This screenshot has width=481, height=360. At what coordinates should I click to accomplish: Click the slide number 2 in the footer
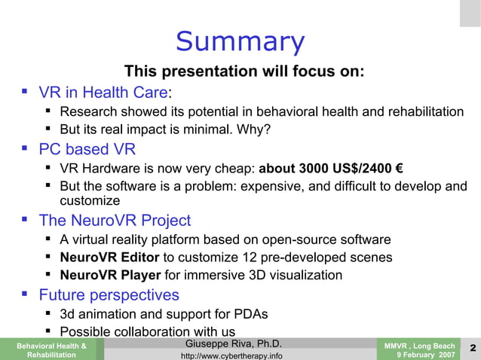pos(471,347)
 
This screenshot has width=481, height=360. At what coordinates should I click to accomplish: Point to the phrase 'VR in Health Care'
pos(103,93)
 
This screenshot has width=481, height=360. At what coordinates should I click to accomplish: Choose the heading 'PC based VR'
pos(87,148)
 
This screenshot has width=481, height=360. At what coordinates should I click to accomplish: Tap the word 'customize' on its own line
pos(90,201)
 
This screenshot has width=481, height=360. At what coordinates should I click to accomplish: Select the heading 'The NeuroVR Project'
pos(115,221)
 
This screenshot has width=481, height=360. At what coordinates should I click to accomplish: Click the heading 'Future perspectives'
pos(109,294)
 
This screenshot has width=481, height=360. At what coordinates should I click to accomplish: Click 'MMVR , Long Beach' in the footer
pos(419,344)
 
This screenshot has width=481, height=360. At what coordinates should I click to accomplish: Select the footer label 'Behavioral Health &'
pos(46,344)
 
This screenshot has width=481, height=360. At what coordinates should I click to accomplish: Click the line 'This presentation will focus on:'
pos(244,72)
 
